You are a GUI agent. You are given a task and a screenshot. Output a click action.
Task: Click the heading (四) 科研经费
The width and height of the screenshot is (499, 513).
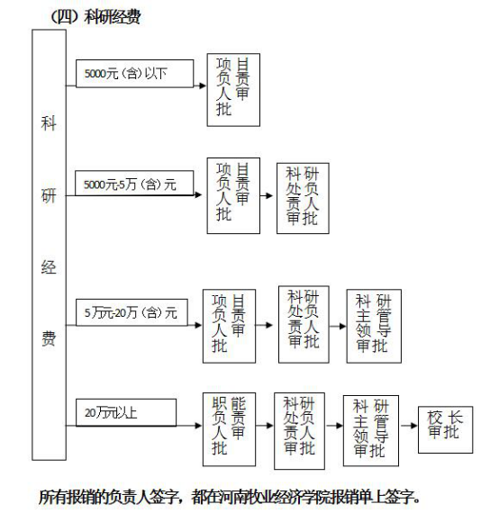[95, 17]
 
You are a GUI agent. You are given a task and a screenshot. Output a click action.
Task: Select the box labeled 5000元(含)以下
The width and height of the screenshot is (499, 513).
[134, 74]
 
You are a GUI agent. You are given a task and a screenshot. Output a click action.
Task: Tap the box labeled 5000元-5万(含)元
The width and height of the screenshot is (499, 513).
[134, 184]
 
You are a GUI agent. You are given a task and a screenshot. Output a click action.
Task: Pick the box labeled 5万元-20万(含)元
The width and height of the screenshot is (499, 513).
[132, 312]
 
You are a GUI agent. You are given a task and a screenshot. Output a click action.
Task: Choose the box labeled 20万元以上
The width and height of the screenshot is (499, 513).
[126, 412]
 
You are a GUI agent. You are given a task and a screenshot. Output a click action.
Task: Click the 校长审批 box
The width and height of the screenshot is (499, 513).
[445, 429]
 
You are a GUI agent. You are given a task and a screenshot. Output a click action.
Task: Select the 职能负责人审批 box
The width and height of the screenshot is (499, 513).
[229, 429]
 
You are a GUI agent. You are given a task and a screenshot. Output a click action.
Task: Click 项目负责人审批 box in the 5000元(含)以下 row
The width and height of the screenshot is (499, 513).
[233, 90]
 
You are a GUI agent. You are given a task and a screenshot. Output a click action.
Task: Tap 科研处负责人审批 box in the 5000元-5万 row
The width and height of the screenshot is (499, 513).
[303, 198]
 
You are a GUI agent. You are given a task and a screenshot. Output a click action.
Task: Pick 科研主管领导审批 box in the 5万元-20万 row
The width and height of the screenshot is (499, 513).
[374, 326]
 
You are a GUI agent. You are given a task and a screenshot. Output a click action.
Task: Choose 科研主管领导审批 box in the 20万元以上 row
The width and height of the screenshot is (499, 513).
[371, 430]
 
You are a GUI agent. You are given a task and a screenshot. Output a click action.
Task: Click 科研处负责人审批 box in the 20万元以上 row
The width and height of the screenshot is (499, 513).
[299, 431]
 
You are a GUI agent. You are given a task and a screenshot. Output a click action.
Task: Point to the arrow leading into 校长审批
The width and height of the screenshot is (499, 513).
[409, 426]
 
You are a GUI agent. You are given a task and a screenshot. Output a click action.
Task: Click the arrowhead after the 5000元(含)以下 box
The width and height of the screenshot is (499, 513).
[203, 85]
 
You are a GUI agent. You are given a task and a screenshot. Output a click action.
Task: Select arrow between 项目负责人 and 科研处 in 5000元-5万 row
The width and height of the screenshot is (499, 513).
[267, 196]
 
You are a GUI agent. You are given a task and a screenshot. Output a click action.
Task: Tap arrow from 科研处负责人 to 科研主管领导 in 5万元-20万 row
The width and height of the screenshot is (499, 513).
[338, 326]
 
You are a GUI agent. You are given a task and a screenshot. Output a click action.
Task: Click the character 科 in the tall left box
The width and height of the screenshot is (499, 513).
[49, 123]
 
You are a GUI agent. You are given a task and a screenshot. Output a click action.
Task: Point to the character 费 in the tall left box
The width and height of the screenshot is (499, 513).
[49, 338]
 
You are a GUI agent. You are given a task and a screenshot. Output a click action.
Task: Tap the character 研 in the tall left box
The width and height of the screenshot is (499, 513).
[49, 196]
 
